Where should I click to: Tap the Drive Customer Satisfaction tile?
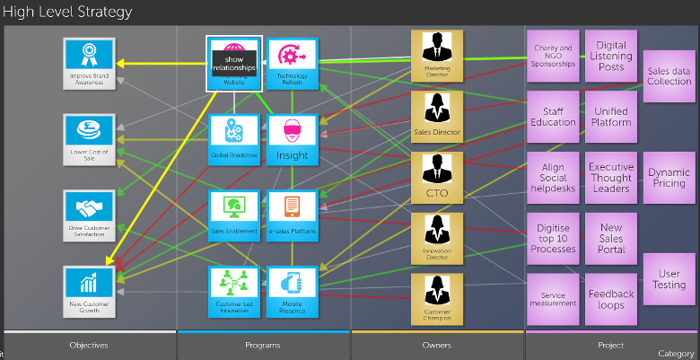[x=89, y=215]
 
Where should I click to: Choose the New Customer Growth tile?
[x=89, y=291]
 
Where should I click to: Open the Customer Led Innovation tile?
[x=233, y=291]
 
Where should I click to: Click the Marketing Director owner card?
[x=436, y=56]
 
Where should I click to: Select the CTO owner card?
[x=436, y=178]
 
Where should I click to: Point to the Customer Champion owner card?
[x=436, y=300]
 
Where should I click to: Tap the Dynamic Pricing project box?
[x=669, y=178]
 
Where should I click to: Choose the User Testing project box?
[x=669, y=278]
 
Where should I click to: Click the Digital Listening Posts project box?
[x=611, y=56]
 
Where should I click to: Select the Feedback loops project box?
[x=611, y=299]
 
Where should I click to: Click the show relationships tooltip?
[x=234, y=63]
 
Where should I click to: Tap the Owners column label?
[x=437, y=345]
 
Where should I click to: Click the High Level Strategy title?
[x=67, y=12]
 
